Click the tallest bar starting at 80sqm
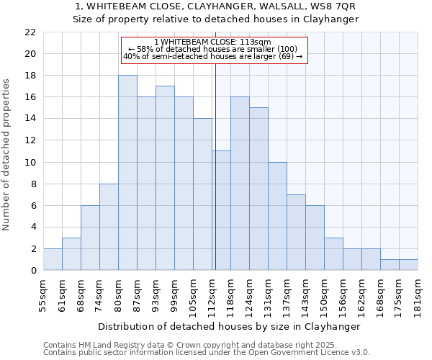click(127, 173)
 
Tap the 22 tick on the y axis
click(30, 32)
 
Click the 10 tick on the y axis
click(30, 163)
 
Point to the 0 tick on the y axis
click(33, 271)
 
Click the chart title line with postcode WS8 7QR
click(215, 6)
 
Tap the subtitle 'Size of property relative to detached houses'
click(215, 19)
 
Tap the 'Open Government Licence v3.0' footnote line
click(206, 352)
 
